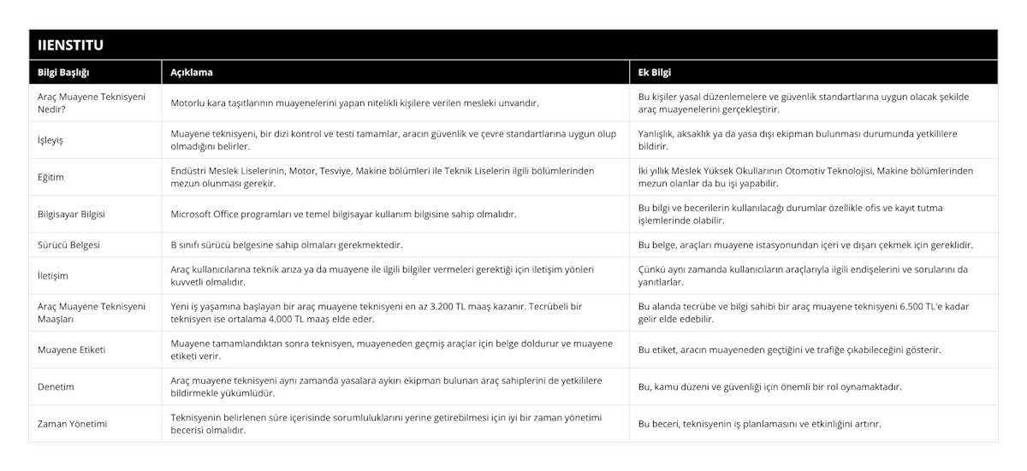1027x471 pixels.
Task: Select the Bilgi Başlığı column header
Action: point(64,72)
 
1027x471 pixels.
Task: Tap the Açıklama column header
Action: point(192,72)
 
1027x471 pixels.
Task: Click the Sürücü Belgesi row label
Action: point(69,244)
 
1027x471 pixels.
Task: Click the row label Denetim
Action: point(56,386)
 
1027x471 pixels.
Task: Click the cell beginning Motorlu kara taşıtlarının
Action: point(354,103)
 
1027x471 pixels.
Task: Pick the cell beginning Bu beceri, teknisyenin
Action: point(759,423)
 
